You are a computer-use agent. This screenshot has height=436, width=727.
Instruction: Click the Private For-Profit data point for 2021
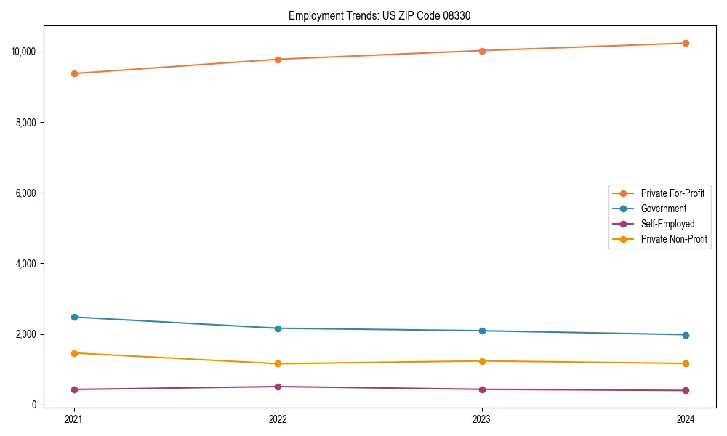[74, 73]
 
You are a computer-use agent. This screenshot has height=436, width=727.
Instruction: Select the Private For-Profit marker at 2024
[686, 43]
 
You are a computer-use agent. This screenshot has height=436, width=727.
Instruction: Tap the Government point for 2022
[278, 328]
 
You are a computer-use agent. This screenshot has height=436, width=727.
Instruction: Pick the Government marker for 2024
[686, 335]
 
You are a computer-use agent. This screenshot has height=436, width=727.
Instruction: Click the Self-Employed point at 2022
[278, 387]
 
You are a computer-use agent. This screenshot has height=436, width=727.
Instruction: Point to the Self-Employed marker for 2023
[482, 389]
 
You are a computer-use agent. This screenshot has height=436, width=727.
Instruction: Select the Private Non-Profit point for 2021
[74, 353]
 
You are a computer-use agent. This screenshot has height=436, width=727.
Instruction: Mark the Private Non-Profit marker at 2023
[482, 361]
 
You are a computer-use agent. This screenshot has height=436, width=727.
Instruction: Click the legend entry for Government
[663, 209]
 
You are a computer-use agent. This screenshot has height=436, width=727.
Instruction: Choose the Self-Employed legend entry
[667, 224]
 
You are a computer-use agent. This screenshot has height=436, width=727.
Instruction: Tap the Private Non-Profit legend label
[674, 239]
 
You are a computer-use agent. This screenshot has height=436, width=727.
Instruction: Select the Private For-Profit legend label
[672, 193]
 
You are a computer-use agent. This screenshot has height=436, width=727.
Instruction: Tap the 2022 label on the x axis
[278, 419]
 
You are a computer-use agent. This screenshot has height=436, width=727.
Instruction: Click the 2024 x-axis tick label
[686, 419]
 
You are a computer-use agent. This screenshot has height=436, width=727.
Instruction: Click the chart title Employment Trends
[379, 15]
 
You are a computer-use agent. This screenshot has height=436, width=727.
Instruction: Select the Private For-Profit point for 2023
[482, 51]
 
